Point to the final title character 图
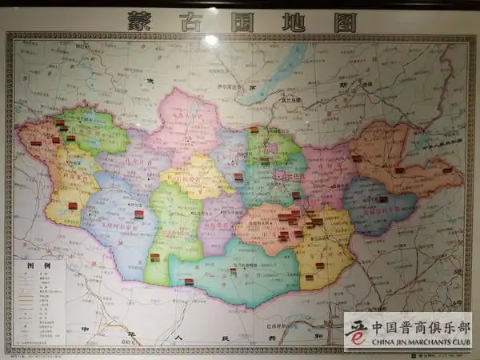coord(344,22)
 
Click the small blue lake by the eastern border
coord(421,142)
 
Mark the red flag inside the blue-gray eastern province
coord(382,199)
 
